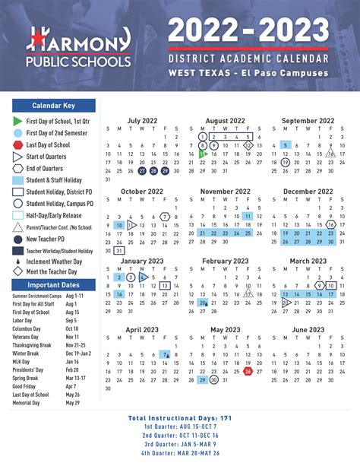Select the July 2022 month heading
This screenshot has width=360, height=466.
point(144,120)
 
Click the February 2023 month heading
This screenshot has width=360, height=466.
point(225,261)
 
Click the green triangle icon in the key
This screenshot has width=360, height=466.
point(17,121)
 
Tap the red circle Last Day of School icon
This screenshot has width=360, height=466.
point(17,144)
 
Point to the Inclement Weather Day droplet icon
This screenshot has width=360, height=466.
point(17,261)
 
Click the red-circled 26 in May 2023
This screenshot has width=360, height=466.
point(248,371)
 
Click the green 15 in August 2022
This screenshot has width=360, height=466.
point(202,153)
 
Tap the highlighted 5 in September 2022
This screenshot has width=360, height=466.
point(284,144)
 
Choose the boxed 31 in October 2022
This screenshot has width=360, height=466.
point(119,250)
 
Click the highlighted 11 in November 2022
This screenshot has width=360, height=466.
point(248,216)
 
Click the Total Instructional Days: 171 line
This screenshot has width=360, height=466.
point(180,419)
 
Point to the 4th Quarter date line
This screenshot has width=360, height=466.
point(180,453)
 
